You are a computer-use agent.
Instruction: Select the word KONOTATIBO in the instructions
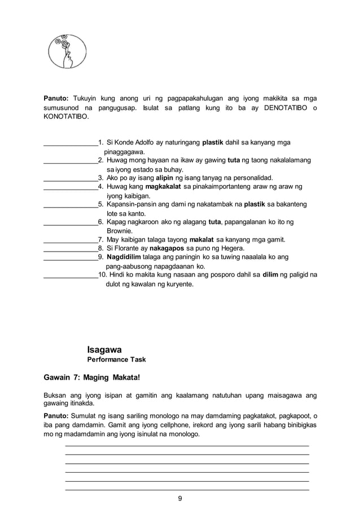[x=66, y=117]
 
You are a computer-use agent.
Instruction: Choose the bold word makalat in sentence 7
[x=203, y=239]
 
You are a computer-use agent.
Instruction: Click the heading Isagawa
[x=104, y=350]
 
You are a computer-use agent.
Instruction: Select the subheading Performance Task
[x=116, y=359]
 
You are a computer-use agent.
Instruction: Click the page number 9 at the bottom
[x=179, y=498]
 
